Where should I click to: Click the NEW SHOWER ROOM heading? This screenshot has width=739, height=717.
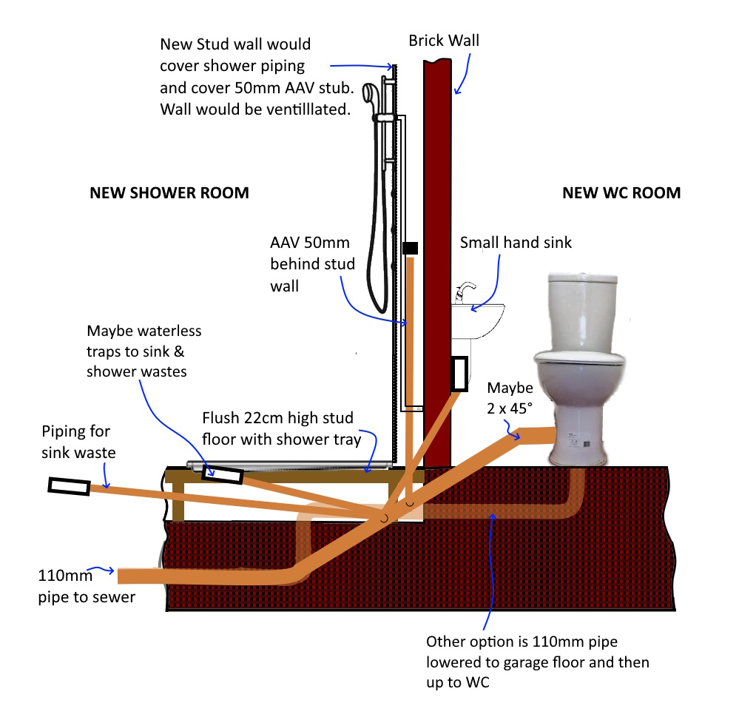click(x=169, y=193)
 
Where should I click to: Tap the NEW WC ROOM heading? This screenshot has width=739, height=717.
click(x=621, y=193)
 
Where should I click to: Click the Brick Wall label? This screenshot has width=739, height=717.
click(x=444, y=41)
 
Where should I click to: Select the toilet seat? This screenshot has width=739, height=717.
click(x=580, y=358)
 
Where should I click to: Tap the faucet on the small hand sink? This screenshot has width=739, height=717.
click(x=465, y=292)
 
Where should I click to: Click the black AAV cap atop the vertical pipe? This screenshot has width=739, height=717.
click(x=410, y=248)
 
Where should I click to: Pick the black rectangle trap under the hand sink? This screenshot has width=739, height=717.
click(x=459, y=374)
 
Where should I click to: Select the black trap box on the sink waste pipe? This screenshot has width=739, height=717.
click(x=70, y=486)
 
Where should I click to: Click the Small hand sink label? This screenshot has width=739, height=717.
click(x=516, y=242)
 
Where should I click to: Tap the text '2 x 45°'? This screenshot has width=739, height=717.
click(x=510, y=408)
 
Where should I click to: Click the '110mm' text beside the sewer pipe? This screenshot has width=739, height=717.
click(x=65, y=575)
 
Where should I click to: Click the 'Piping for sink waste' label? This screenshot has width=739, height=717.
click(x=78, y=442)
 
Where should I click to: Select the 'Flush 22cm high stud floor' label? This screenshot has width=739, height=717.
click(x=281, y=428)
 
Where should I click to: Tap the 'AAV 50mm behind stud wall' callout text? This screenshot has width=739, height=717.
click(x=312, y=264)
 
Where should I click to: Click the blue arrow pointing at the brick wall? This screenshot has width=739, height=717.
click(x=464, y=73)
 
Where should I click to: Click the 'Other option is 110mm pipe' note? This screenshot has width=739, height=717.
click(x=537, y=662)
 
